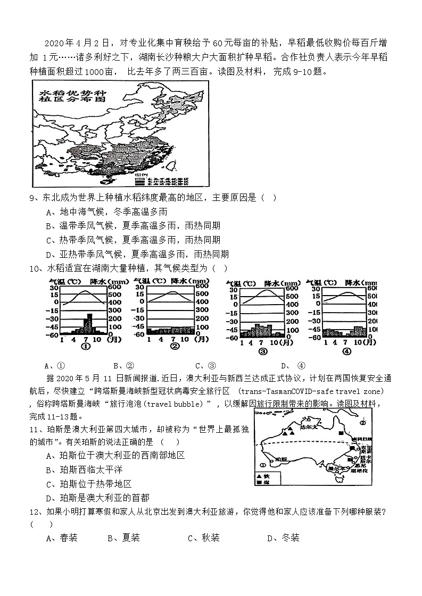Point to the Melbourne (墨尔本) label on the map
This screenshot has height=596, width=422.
coord(336,469)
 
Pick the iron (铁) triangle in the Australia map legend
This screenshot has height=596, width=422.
coord(259,476)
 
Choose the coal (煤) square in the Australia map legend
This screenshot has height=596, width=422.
coord(259,483)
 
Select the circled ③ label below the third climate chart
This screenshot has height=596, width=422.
coord(262,351)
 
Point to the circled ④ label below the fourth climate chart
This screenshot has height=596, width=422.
coord(346,351)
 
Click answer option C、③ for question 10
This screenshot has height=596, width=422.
coord(205,365)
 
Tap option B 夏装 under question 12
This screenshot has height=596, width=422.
coord(123,538)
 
